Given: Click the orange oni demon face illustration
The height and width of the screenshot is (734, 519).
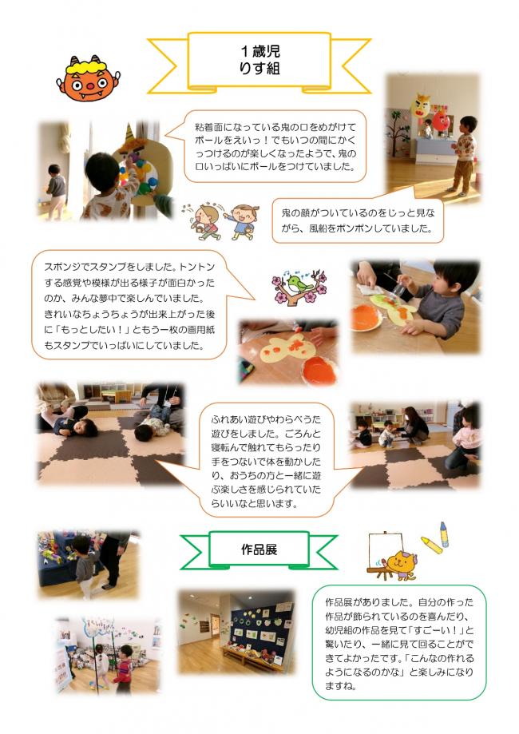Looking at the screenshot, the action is (x=88, y=78).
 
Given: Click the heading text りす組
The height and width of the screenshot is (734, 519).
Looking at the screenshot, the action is (x=259, y=69).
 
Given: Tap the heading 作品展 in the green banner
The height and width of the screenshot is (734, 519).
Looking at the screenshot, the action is (x=259, y=549).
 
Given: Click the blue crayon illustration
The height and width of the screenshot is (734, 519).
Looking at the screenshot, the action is (x=444, y=534).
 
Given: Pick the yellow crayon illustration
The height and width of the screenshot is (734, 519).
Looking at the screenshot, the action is (x=431, y=546).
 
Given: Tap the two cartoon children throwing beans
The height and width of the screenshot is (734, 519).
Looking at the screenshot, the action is (x=220, y=220).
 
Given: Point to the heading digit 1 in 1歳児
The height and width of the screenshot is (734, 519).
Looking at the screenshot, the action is (x=244, y=50).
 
